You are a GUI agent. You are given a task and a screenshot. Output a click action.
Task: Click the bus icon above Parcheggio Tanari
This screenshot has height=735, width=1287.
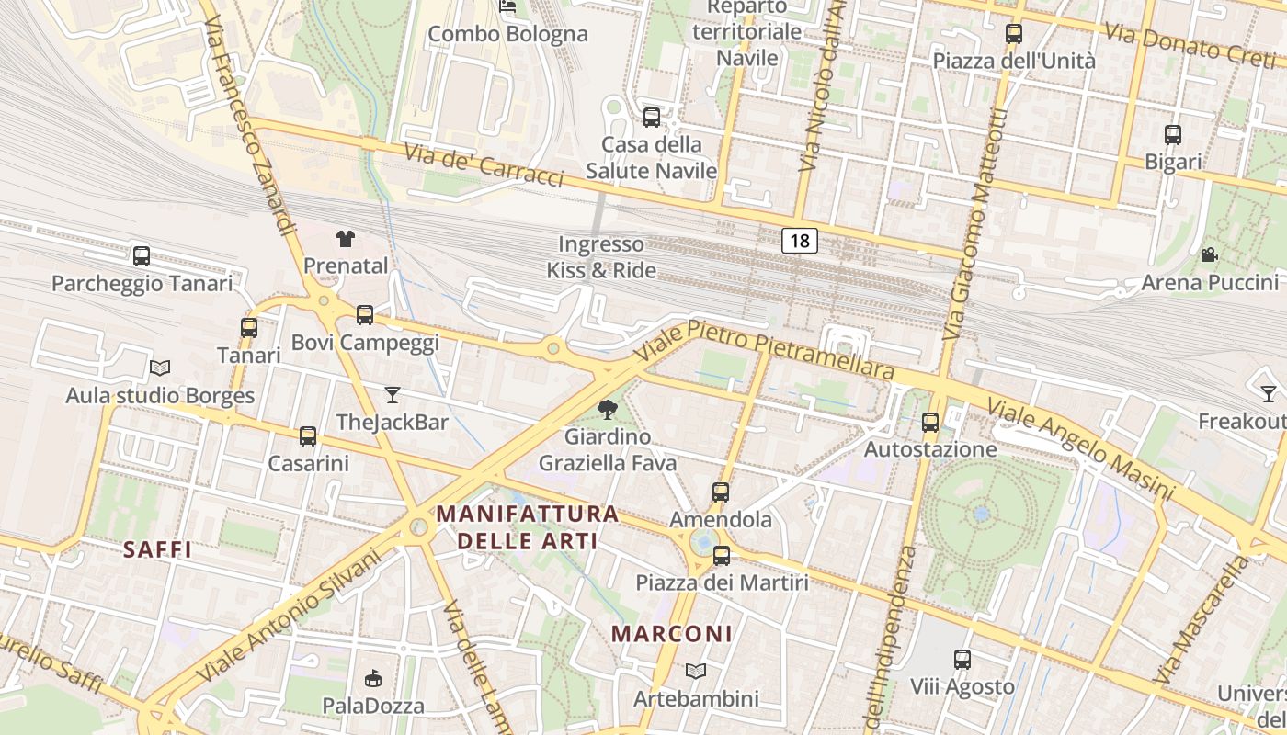click(x=142, y=255)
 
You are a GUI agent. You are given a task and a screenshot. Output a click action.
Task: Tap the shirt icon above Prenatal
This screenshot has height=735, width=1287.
click(x=345, y=239)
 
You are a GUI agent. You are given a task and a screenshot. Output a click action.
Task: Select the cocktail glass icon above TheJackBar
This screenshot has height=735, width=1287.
click(x=393, y=395)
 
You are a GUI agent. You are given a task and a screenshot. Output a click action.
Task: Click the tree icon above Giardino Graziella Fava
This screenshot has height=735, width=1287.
click(x=607, y=410)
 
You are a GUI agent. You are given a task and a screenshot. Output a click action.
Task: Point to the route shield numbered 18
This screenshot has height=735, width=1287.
click(x=800, y=241)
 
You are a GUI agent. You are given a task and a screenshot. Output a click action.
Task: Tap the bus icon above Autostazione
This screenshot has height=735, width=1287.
click(x=930, y=423)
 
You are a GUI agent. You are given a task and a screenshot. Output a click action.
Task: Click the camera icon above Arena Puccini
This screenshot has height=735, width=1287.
click(x=1209, y=254)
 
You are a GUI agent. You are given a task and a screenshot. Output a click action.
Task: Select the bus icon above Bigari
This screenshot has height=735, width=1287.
click(x=1173, y=135)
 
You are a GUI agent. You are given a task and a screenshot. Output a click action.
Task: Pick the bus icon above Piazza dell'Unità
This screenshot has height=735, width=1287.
click(x=1014, y=34)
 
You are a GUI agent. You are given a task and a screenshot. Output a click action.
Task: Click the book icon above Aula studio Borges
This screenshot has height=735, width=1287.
click(x=160, y=368)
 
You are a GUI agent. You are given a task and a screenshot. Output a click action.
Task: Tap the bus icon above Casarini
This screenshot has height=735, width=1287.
click(x=308, y=436)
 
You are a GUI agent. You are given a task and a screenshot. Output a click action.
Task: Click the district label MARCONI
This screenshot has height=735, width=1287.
click(x=672, y=634)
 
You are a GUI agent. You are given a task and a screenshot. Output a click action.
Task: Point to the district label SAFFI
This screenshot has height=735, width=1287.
click(x=157, y=549)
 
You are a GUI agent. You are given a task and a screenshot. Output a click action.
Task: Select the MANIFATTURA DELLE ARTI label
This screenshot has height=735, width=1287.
click(x=528, y=526)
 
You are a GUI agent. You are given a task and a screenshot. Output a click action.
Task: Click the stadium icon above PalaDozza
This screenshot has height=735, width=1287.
click(x=372, y=679)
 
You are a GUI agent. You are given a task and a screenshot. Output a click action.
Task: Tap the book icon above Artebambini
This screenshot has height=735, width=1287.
click(x=696, y=672)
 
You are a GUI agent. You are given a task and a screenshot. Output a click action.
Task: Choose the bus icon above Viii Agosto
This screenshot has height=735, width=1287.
click(x=962, y=660)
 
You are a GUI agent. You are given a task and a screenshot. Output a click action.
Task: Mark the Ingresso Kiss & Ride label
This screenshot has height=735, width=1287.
click(x=601, y=257)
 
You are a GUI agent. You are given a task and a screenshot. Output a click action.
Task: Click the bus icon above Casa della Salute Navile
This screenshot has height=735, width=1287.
click(x=652, y=118)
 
